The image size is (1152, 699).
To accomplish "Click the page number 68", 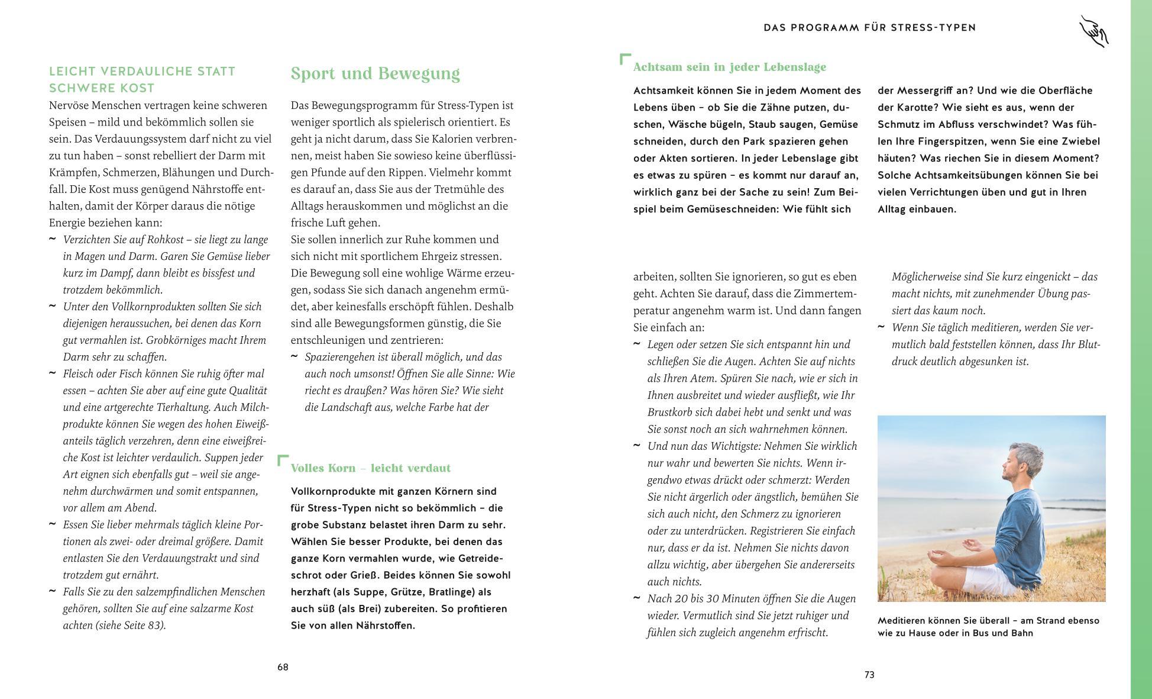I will coord(283,667).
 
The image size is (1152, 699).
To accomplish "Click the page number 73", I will coord(869,675).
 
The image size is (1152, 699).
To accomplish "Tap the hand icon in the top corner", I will coord(1093,31).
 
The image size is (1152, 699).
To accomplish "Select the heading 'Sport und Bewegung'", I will coord(375,74).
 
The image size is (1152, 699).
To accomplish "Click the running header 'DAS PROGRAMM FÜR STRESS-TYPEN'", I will coord(869,27).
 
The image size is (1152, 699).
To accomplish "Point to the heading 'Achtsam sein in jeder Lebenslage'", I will coord(729,67).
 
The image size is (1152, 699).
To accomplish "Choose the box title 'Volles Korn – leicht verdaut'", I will coord(370,468).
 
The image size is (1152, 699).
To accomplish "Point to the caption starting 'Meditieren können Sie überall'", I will coord(988,627).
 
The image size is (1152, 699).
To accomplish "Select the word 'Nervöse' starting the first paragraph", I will coord(70,105).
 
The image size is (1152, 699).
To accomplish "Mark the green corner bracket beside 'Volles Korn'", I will coord(282,459).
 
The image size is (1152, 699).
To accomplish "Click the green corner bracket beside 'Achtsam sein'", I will coord(624,58).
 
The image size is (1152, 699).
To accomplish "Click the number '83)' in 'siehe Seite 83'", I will coord(157,626).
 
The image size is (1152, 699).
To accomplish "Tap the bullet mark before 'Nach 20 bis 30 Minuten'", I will coord(637,598).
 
